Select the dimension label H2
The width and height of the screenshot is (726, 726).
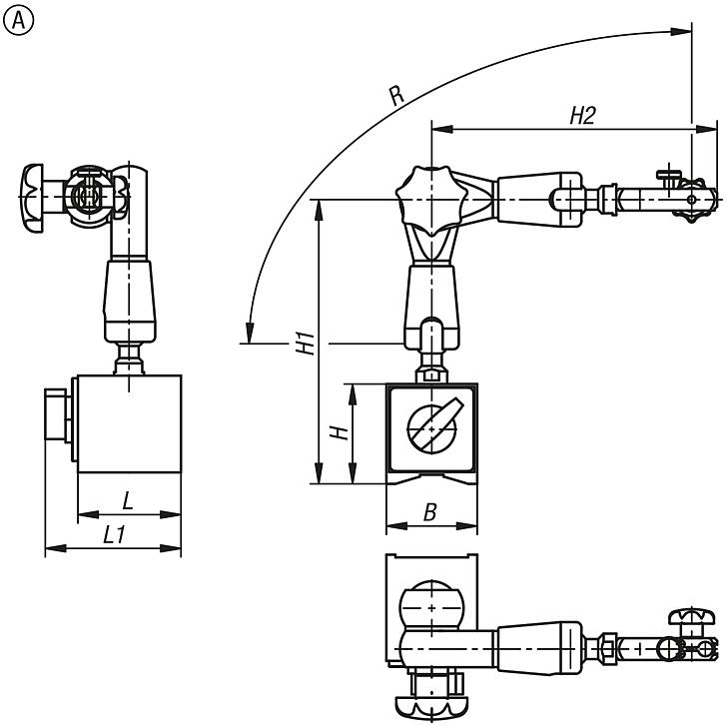tap(581, 116)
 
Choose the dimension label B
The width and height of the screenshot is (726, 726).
tap(429, 512)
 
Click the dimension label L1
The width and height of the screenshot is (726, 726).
tap(114, 535)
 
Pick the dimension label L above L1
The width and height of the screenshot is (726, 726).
tap(128, 498)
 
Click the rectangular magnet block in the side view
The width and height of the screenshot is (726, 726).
tap(130, 423)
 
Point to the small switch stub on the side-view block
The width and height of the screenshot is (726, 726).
tap(57, 424)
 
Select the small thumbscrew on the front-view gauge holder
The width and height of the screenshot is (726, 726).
tap(668, 178)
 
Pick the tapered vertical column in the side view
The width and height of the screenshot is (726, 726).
tap(131, 298)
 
